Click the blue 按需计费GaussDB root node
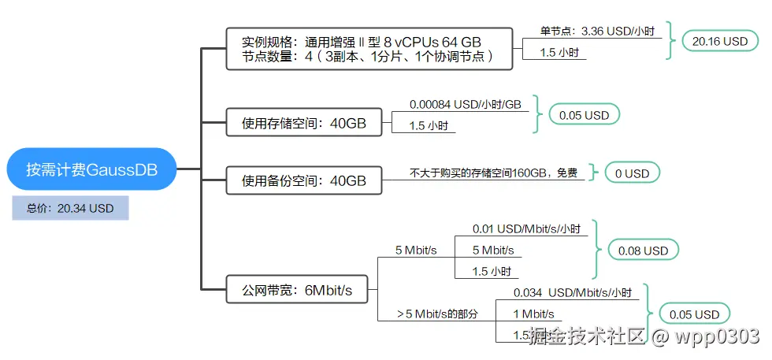tap(91, 169)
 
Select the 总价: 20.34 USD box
tap(70, 208)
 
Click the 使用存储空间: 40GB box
tap(304, 122)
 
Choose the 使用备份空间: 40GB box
tap(304, 180)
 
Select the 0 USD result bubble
tap(632, 173)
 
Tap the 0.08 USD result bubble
tap(643, 251)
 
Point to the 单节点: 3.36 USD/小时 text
tap(596, 32)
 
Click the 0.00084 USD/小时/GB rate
tap(466, 104)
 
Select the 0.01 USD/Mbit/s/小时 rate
tap(526, 229)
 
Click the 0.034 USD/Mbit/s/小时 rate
tap(572, 293)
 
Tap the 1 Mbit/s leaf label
tap(536, 314)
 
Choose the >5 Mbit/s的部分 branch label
tap(438, 314)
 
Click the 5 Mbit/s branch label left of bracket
tap(416, 251)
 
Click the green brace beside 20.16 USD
tap(671, 41)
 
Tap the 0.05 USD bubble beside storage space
tap(584, 115)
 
